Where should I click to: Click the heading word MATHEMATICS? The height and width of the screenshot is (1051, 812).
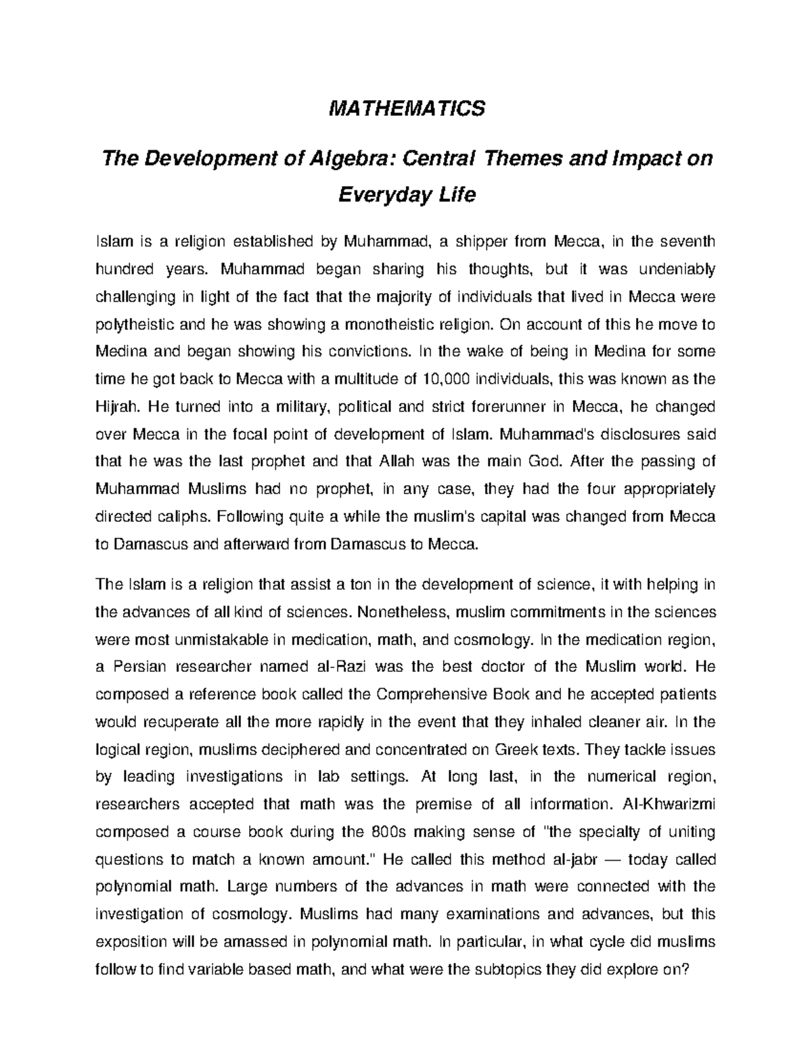(407, 108)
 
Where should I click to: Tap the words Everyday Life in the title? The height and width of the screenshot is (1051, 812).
(407, 195)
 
